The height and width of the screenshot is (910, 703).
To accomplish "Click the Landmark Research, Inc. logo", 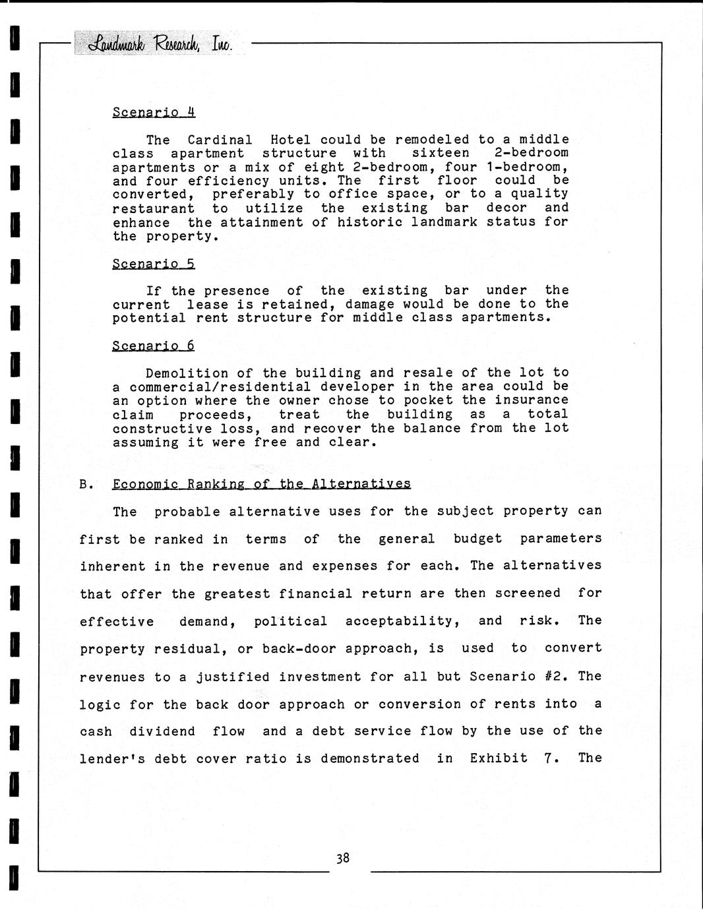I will coord(154,44).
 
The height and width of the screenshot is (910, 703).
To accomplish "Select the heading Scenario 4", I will coord(154,112).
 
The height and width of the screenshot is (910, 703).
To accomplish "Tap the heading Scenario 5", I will coord(154,264).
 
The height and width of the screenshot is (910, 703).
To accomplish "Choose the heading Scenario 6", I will coord(154,346).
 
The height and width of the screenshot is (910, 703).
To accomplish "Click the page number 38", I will coord(342,858).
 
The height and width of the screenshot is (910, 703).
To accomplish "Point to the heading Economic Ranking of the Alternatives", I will coord(261,484).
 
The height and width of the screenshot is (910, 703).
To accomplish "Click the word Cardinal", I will coord(220,140).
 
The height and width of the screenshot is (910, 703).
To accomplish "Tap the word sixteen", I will coord(441,153).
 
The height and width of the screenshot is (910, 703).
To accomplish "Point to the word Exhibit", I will coord(499,758).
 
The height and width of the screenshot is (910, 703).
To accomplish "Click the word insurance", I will coord(532,400).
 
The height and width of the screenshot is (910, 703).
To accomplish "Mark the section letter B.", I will coord(85,484).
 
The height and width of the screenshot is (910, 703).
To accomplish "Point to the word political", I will coord(290,621).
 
